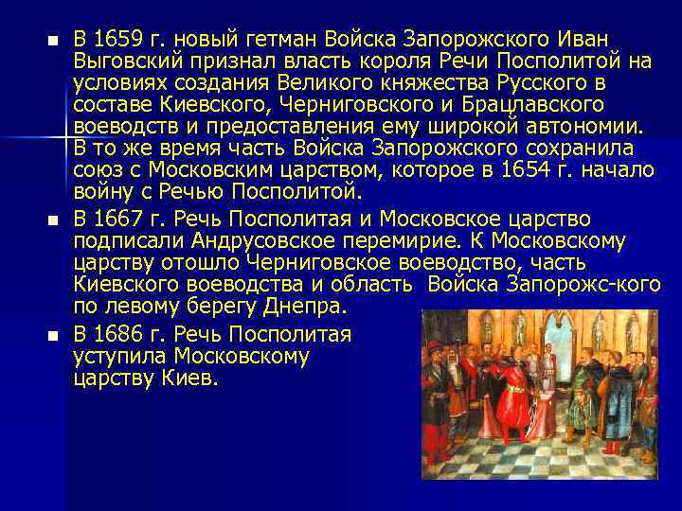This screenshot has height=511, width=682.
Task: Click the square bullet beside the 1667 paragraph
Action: [x=52, y=220]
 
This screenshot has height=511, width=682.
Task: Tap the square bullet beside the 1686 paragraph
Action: [x=52, y=336]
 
